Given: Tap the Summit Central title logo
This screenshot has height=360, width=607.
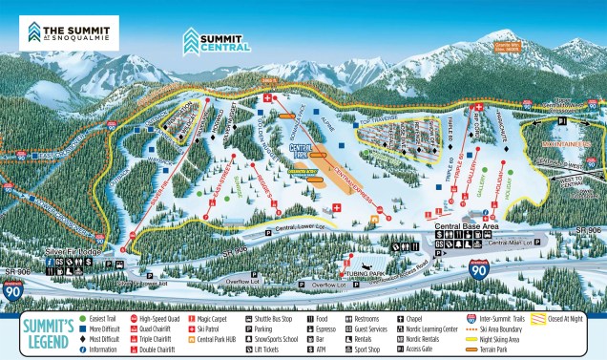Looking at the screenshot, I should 218,40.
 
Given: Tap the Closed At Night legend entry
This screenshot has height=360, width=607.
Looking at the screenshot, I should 563,318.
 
